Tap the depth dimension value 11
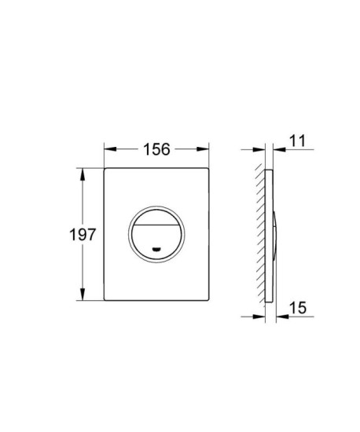point(296,141)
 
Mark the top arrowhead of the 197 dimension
point(81,170)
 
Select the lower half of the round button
point(157,240)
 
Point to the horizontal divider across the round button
point(157,227)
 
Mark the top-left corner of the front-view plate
point(106,168)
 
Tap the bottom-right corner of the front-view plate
point(209,301)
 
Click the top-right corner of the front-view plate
point(209,168)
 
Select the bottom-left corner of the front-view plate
point(106,301)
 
